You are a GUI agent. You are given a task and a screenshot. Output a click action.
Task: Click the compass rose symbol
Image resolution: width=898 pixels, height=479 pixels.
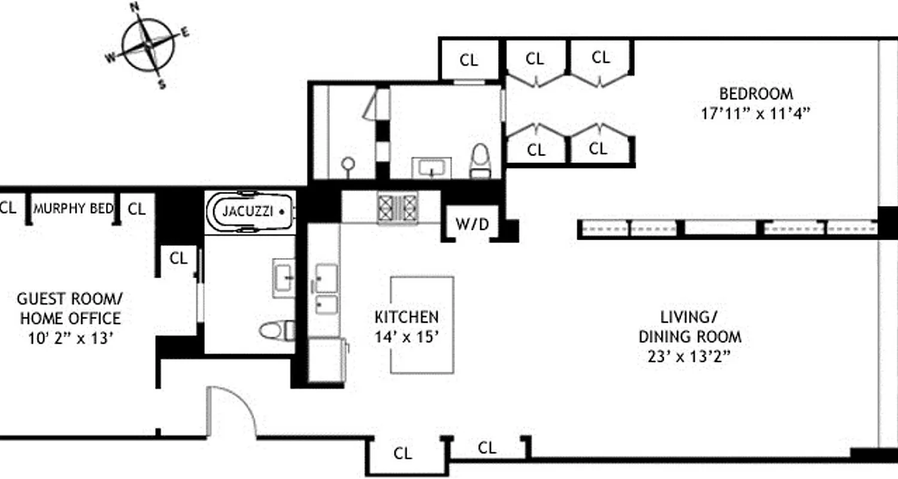(x=148, y=44)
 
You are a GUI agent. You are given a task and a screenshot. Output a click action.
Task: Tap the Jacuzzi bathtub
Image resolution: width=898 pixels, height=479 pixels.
(x=250, y=212)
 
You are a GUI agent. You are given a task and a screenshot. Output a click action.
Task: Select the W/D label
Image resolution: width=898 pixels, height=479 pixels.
(x=472, y=225)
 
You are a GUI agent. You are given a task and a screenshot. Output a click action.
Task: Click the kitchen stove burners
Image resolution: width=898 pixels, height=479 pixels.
(x=396, y=207)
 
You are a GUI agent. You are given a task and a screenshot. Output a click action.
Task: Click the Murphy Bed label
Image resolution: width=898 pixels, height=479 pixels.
(x=73, y=209)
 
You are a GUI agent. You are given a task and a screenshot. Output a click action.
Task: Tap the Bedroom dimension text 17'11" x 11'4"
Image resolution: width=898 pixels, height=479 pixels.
(x=756, y=114)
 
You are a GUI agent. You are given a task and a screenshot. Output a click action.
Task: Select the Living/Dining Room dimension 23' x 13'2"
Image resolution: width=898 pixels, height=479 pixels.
(x=690, y=357)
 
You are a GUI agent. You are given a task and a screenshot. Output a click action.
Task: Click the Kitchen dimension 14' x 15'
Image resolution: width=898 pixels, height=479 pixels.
(x=406, y=336)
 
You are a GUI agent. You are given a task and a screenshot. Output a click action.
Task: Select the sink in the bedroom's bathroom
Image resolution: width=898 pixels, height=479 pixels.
(x=432, y=167)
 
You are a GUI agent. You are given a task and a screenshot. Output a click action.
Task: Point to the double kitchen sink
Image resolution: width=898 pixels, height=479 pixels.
(x=326, y=289)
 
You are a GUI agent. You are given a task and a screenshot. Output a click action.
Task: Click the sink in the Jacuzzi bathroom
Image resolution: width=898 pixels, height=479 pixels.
(x=283, y=277)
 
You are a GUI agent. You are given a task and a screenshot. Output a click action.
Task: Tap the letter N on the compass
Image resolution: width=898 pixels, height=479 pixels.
(x=135, y=7)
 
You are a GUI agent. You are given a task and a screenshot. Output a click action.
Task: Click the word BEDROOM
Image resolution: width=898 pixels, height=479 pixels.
(x=756, y=94)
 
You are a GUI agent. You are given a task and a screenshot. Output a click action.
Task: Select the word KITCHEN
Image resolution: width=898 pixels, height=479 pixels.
(x=406, y=317)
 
